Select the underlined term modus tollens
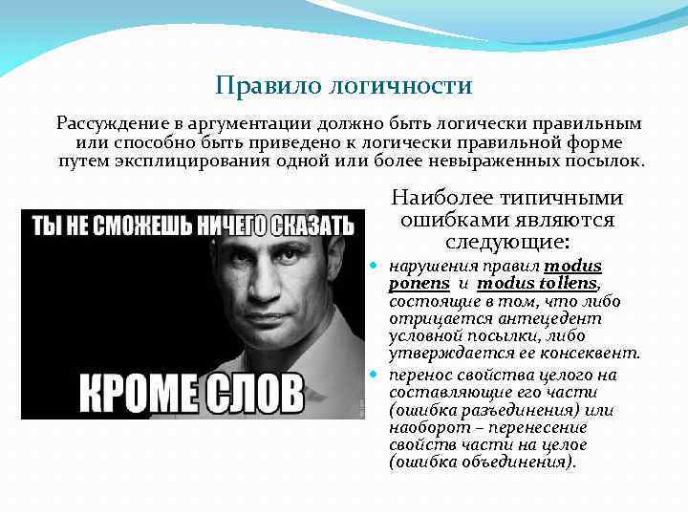[x=537, y=284]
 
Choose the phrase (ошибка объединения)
[x=484, y=462]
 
